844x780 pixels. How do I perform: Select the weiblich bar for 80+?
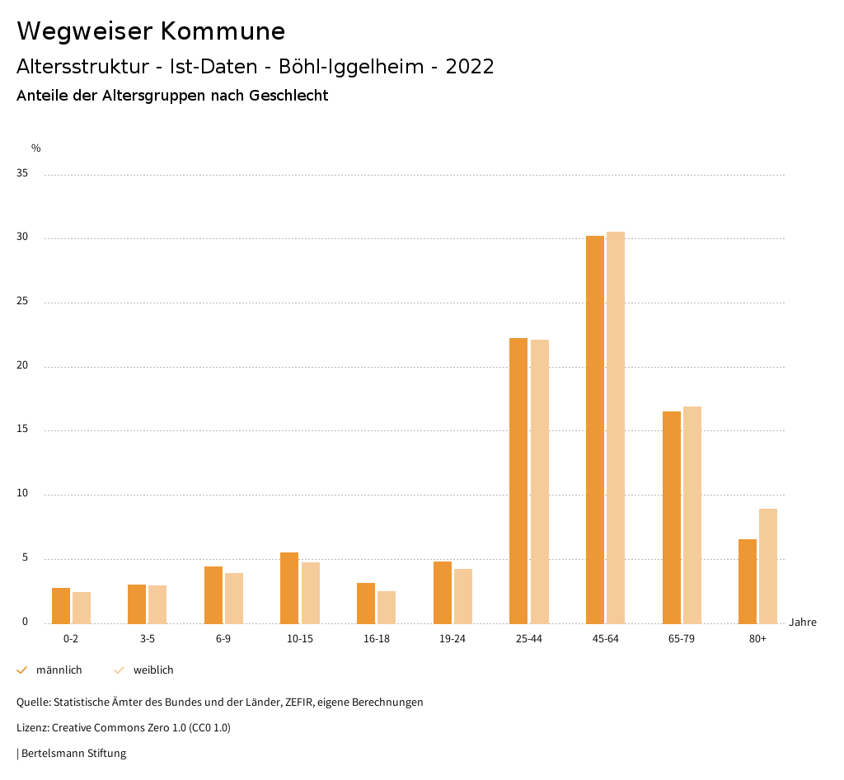point(768,566)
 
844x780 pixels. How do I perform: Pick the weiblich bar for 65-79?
point(692,515)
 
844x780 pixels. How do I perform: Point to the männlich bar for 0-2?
point(61,605)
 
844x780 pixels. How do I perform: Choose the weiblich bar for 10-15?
point(311,592)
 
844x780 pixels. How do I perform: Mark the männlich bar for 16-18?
point(366,603)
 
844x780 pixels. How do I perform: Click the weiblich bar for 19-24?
point(463,595)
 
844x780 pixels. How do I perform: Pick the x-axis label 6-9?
point(223,639)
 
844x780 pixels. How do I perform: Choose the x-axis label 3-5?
point(148,639)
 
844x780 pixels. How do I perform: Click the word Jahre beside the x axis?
point(803,622)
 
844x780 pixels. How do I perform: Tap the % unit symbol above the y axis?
point(36,148)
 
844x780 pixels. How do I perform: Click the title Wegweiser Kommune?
point(151,31)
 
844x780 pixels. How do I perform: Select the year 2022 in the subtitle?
point(470,67)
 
